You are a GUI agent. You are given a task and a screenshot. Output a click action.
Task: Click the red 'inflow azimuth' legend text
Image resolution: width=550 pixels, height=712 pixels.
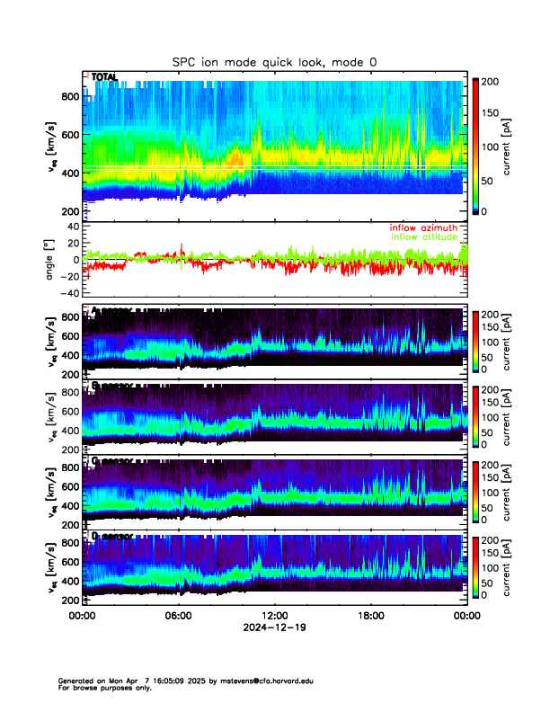pos(423,228)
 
